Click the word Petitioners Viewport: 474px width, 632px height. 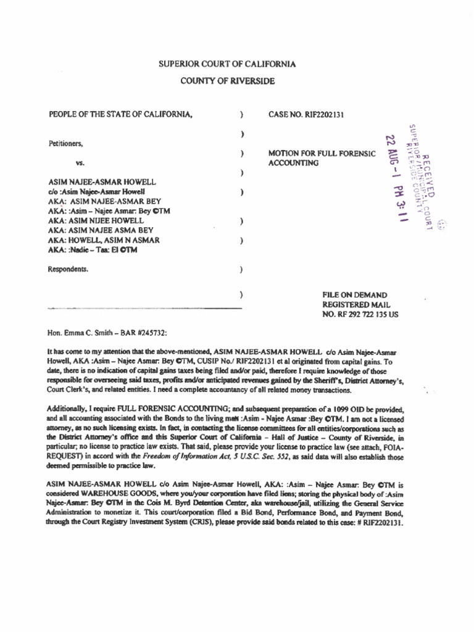(x=66, y=143)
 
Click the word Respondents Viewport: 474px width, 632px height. (x=68, y=269)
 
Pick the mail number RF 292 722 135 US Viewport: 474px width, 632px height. (x=360, y=314)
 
